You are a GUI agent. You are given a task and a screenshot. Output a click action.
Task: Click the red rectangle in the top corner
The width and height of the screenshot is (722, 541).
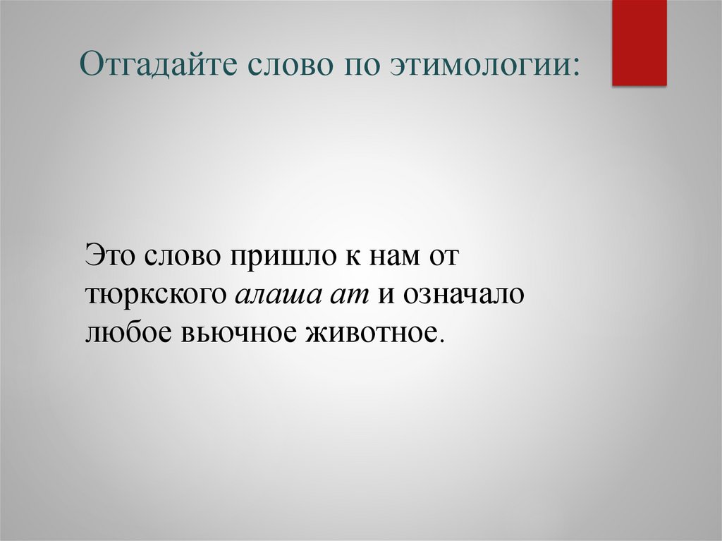[639, 42]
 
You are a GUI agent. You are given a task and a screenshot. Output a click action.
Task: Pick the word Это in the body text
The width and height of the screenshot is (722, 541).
[111, 254]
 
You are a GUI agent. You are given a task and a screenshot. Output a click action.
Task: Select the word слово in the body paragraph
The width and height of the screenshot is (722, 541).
[181, 254]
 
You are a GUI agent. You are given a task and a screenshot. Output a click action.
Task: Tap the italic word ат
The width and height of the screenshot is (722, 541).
[350, 294]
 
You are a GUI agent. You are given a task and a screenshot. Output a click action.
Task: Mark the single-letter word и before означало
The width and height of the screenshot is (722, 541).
[386, 294]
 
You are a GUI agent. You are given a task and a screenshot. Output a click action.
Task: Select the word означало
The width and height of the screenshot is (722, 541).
[463, 294]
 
